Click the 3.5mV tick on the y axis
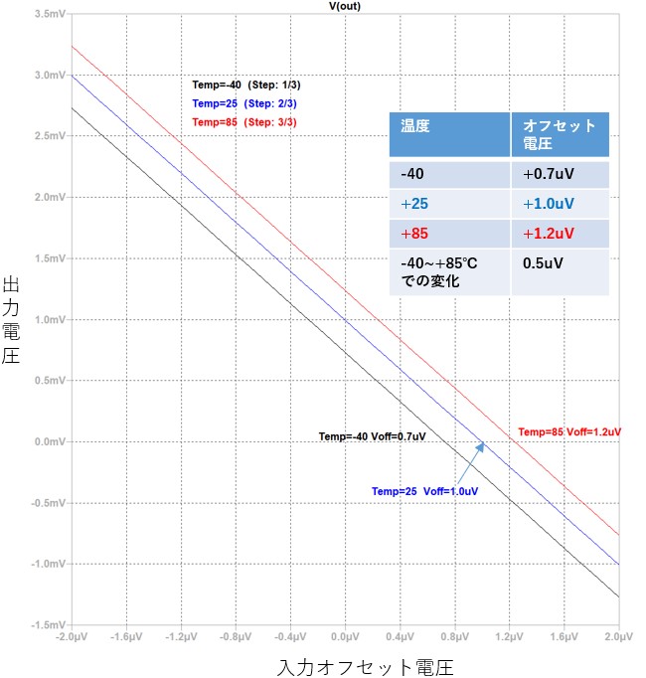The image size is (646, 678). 49,15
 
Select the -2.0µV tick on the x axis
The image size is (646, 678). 72,635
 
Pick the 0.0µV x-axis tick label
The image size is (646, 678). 345,635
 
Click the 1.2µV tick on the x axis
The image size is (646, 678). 509,635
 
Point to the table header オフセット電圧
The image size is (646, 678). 559,136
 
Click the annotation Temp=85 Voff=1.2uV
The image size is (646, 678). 569,432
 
